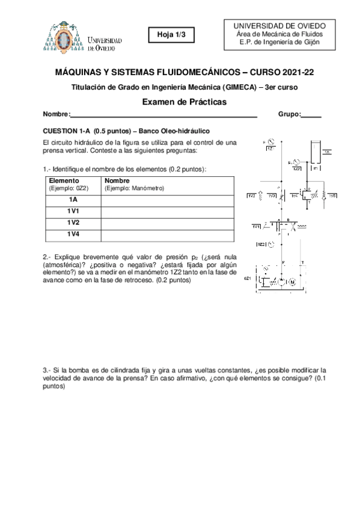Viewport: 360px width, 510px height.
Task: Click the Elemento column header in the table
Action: [x=63, y=180]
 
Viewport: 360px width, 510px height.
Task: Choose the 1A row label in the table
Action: [x=73, y=200]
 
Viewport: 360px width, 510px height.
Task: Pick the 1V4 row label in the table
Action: [x=73, y=234]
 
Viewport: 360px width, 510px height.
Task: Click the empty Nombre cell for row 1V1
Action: [x=168, y=211]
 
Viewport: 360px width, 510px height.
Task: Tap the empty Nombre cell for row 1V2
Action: [x=168, y=223]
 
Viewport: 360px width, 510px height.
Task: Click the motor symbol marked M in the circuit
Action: [x=293, y=281]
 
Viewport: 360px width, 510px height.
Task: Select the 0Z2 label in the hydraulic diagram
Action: [x=261, y=245]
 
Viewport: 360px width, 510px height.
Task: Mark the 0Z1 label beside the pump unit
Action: [x=246, y=279]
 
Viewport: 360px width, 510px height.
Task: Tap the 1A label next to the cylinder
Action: [x=326, y=153]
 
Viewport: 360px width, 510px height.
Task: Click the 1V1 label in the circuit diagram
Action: [x=256, y=226]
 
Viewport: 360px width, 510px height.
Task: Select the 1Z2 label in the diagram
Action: [x=296, y=168]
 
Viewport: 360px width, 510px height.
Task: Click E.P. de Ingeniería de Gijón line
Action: [x=279, y=42]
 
